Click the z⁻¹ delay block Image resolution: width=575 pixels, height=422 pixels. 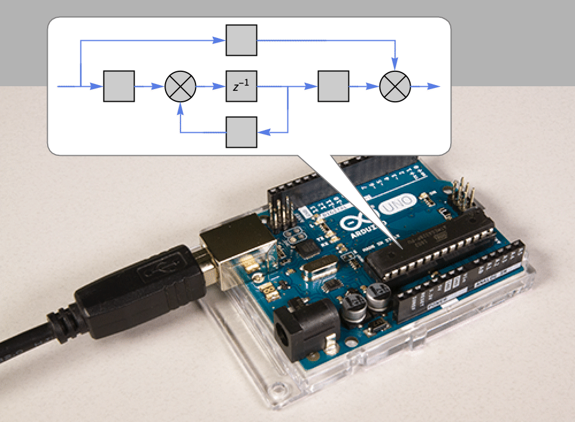241,86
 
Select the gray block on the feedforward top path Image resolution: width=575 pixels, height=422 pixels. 241,40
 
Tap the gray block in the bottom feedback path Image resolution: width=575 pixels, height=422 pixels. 241,132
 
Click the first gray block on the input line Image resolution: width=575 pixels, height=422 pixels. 119,86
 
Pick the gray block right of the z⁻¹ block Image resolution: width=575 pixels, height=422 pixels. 333,86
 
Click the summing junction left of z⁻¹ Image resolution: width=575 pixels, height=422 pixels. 181,86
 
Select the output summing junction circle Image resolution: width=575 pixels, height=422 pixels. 395,86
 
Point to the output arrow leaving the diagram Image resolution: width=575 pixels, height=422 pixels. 434,86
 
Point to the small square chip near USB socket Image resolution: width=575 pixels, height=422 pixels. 309,248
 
